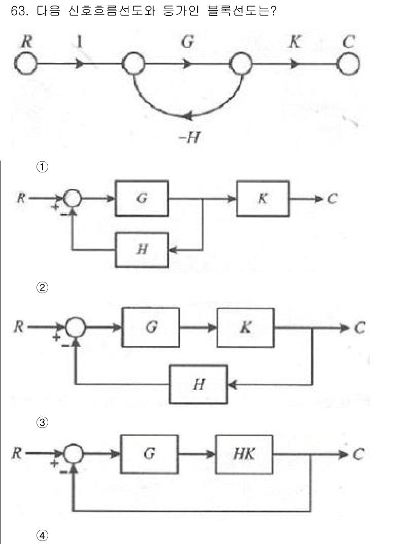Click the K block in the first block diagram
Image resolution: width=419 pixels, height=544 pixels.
click(263, 199)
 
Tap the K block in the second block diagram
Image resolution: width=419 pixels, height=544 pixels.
click(246, 328)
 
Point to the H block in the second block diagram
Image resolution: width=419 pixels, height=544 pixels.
click(199, 384)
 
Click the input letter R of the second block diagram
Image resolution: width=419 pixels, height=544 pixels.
click(19, 328)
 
